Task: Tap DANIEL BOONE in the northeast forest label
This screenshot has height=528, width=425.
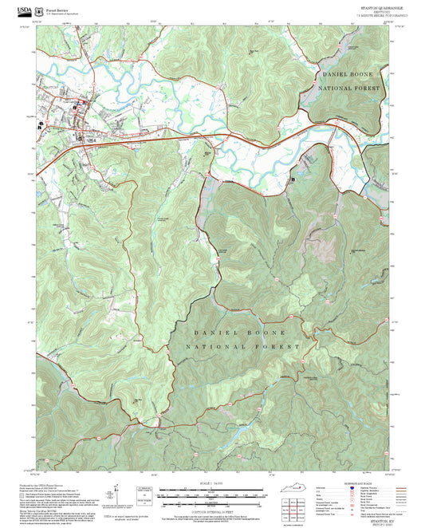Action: (x=344, y=73)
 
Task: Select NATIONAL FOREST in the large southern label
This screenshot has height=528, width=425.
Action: (x=242, y=347)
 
